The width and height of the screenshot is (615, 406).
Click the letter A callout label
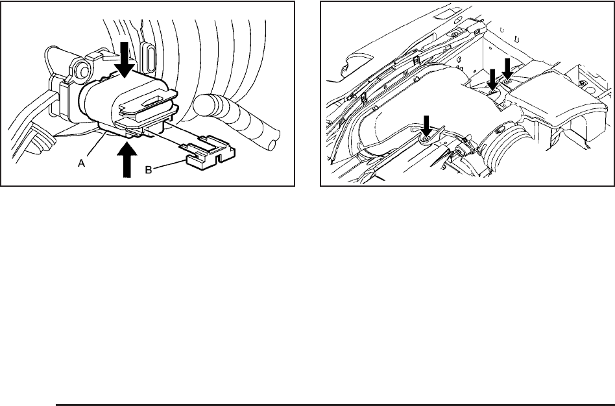coord(82,164)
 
